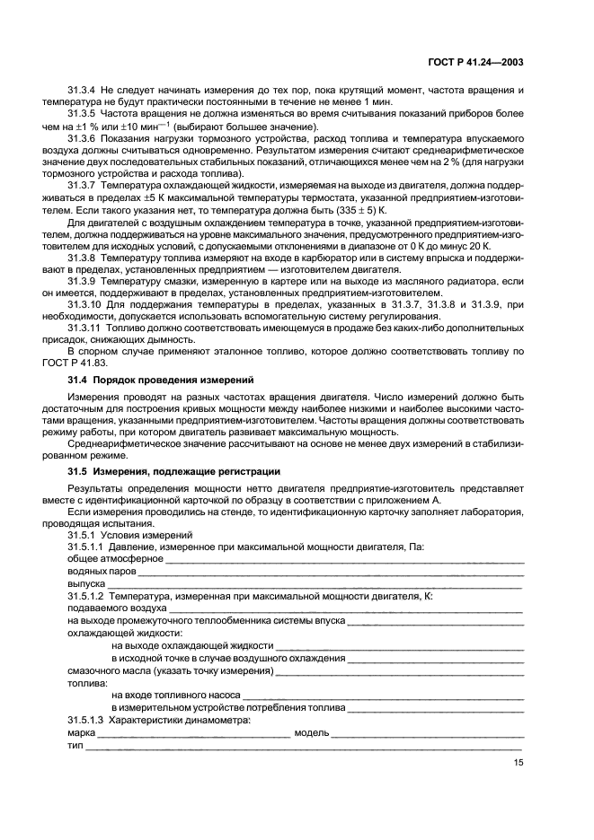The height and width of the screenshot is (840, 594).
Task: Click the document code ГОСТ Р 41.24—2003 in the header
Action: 474,63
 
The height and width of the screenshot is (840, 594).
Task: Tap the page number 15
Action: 519,763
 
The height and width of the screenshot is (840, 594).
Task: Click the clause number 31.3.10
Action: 87,303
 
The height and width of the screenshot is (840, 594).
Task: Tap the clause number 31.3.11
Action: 87,328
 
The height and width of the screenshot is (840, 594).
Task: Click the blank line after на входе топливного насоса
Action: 383,694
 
